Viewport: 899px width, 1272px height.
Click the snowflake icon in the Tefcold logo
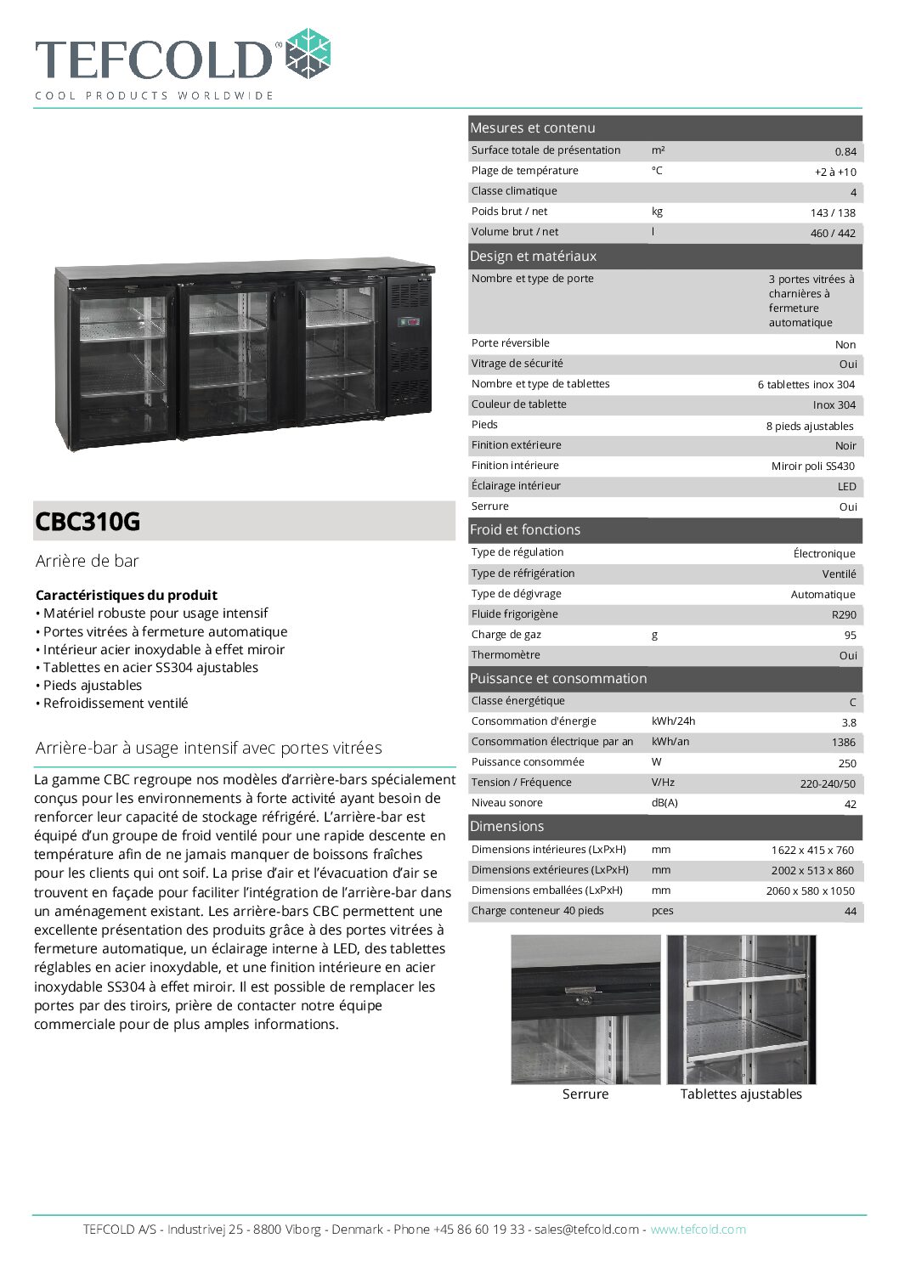(x=307, y=53)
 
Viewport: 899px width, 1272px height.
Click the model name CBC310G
(x=88, y=521)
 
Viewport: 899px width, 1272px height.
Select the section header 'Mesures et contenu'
(x=533, y=128)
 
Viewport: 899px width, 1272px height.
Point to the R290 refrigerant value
(x=844, y=614)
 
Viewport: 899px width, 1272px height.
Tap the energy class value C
(x=852, y=702)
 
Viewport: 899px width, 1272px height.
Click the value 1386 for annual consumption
(x=843, y=742)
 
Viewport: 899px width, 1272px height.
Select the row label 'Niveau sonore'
(x=506, y=803)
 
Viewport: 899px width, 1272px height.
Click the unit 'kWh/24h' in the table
(x=673, y=721)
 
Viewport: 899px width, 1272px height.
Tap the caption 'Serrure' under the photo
(x=585, y=1094)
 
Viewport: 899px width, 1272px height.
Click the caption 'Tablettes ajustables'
(x=741, y=1094)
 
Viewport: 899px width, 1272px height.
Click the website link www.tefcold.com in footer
(x=698, y=1230)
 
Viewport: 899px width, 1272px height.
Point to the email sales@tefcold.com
(x=586, y=1230)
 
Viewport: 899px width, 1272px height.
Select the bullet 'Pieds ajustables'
(x=93, y=685)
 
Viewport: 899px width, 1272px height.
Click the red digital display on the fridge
(x=410, y=322)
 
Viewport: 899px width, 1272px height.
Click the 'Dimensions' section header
(x=506, y=827)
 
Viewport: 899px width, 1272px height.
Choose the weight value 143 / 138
(x=833, y=213)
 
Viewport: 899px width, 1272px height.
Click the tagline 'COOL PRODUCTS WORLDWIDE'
(x=154, y=95)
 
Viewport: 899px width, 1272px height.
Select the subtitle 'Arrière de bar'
(x=87, y=561)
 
